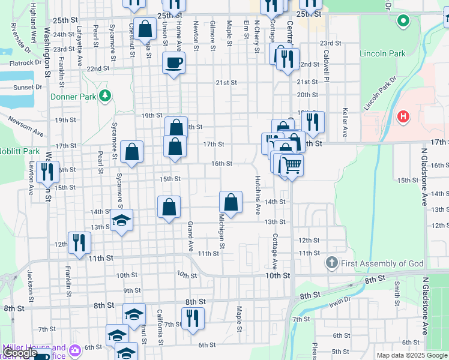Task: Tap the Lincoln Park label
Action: tap(382, 53)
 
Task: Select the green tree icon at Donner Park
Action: tap(106, 95)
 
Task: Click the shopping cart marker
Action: tap(291, 164)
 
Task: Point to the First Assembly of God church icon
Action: tap(331, 263)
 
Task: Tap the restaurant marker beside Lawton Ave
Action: tap(47, 172)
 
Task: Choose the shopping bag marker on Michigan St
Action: tap(231, 202)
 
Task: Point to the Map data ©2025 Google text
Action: tap(412, 355)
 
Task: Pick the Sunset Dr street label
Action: tap(28, 87)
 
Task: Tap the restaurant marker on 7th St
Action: tap(193, 318)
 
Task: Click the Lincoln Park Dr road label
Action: tap(381, 93)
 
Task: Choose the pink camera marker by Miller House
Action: tap(76, 350)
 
